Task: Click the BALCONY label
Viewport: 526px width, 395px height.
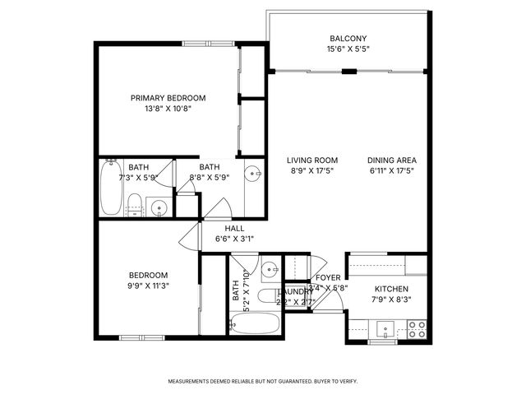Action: (x=348, y=39)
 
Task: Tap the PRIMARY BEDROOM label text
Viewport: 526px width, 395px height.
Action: (x=168, y=98)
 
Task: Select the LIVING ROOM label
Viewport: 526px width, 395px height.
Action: (x=312, y=160)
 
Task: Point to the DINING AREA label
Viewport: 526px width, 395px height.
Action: (x=392, y=160)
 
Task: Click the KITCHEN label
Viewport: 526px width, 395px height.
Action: (x=391, y=290)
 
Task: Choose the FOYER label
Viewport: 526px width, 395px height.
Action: (x=328, y=278)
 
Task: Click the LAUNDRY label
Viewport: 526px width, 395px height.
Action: (x=294, y=291)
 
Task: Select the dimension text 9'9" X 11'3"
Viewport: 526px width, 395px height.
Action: (x=148, y=286)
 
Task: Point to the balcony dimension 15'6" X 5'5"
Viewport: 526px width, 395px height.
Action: (x=348, y=50)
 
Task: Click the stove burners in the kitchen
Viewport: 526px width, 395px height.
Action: (x=417, y=329)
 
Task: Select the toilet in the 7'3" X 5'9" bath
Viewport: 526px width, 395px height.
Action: (x=135, y=203)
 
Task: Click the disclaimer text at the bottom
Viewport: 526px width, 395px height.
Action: (x=263, y=382)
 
